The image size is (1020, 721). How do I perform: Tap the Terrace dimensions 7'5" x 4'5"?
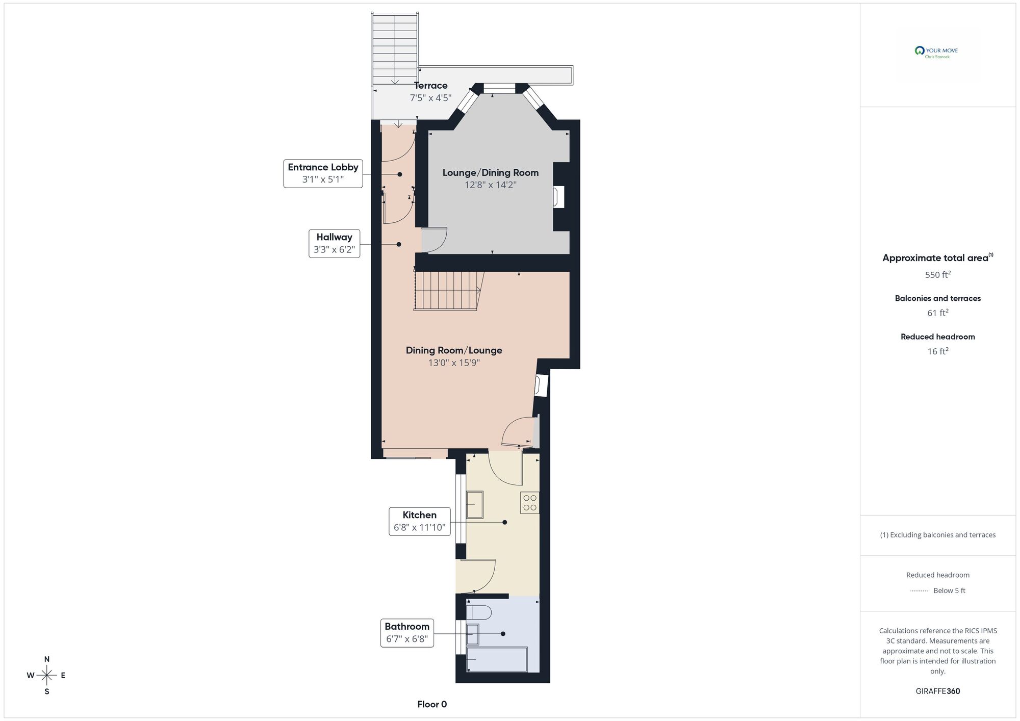coord(430,98)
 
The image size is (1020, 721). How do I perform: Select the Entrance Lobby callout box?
coord(323,173)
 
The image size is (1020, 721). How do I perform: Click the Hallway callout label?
coord(334,243)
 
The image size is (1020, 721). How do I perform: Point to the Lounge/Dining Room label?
coord(490,173)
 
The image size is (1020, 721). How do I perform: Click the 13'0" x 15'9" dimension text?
coord(454,363)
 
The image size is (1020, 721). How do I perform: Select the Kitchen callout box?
coord(419,521)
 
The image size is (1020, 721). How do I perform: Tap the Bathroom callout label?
coord(406,632)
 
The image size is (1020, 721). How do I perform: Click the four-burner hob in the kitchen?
coord(530,503)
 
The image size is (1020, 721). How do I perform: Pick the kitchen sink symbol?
coord(474,505)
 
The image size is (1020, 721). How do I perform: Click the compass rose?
coord(47,676)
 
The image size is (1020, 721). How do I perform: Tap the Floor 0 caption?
coord(432,704)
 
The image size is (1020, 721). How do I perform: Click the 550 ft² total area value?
coord(937,275)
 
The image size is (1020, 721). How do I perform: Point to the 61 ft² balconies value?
coord(937,313)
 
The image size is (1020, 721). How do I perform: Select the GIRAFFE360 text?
coord(937,691)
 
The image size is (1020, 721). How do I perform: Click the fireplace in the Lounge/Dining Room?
coord(559,197)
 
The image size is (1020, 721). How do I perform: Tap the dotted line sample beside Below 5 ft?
coord(919,591)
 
